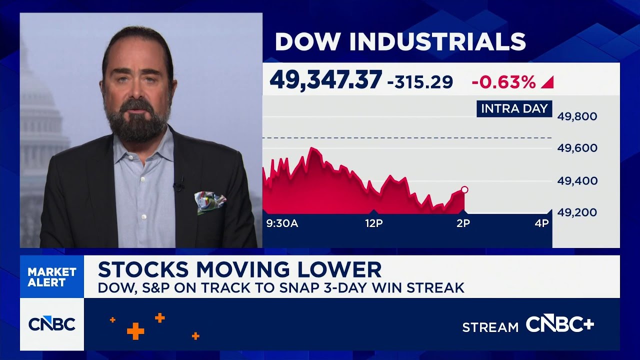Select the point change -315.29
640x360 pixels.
point(420,81)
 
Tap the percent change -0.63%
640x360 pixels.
point(503,81)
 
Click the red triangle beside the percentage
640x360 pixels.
point(547,82)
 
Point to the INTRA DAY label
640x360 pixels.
point(514,108)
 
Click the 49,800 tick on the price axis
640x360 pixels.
point(577,116)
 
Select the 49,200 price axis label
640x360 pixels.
point(577,212)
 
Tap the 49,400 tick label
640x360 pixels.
point(577,180)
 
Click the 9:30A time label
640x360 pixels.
point(282,223)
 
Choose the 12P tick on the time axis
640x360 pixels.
point(373,223)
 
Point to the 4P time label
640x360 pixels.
point(541,223)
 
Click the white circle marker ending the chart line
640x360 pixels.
point(464,189)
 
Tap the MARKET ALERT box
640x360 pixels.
point(52,277)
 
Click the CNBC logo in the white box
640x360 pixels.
point(52,324)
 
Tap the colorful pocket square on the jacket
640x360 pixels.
point(210,201)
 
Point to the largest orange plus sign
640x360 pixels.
point(135,330)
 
